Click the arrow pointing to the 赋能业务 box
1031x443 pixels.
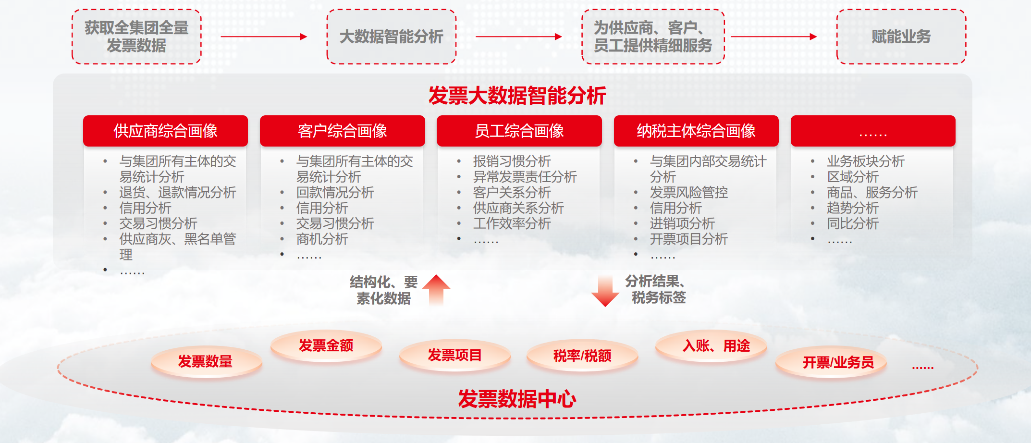point(773,37)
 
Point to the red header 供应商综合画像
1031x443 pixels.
point(165,131)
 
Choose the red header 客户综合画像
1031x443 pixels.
point(343,131)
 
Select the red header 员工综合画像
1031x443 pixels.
point(519,131)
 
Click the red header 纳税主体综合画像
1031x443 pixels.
point(696,131)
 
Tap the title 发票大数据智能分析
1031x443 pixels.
point(517,96)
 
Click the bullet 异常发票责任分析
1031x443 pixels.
point(525,177)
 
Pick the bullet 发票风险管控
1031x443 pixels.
point(689,192)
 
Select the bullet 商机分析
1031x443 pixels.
point(322,239)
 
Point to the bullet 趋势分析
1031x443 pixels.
point(853,208)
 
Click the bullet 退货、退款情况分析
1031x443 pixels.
point(178,192)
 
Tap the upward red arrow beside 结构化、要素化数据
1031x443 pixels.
point(436,290)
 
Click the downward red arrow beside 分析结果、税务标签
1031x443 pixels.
point(605,291)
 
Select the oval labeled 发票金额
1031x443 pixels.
point(326,345)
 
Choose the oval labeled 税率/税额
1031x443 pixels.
point(582,356)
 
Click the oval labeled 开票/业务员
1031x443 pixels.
point(838,362)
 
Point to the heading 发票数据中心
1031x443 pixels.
point(517,399)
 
